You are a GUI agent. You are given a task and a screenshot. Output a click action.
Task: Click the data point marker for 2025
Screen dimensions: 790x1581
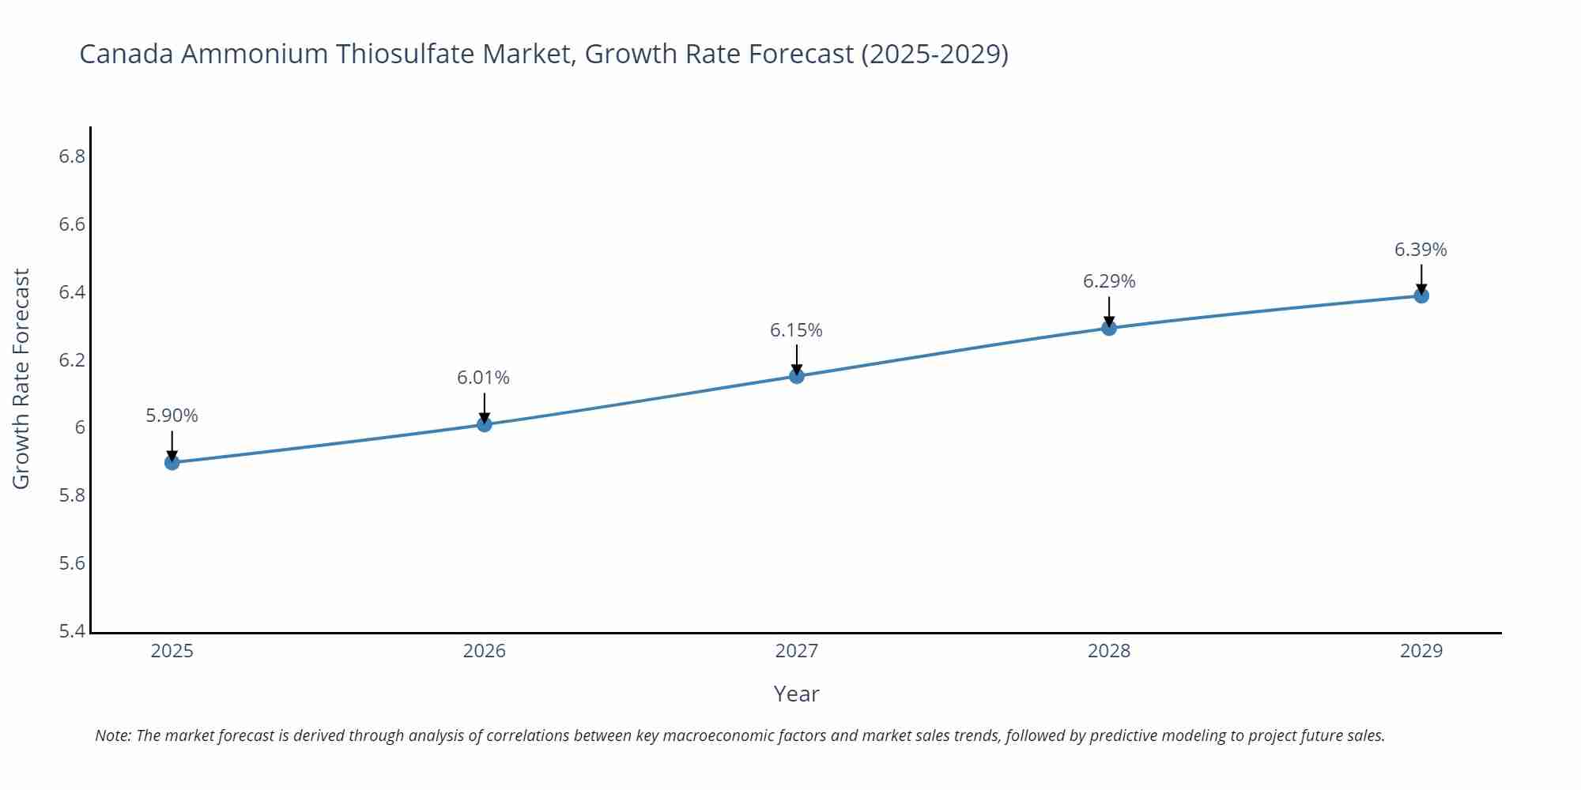[x=172, y=462]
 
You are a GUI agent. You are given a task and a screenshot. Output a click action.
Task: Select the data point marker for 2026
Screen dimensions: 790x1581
[x=485, y=424]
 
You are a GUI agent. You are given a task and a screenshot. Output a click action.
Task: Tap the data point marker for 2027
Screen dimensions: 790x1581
[x=797, y=376]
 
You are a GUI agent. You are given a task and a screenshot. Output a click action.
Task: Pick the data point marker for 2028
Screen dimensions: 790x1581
[x=1109, y=328]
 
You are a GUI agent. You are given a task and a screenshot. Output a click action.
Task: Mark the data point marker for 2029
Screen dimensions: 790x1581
[x=1421, y=295]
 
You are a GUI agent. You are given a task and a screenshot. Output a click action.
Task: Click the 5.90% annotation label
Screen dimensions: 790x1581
[x=172, y=416]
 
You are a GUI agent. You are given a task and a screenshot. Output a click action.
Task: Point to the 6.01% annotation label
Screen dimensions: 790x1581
[x=483, y=378]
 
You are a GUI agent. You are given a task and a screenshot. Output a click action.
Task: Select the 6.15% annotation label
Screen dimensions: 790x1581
[x=796, y=330]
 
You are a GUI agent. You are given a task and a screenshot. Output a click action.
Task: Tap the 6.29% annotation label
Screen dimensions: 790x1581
[x=1109, y=281]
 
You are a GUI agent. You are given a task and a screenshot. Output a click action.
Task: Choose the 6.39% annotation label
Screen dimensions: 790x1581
[x=1421, y=250]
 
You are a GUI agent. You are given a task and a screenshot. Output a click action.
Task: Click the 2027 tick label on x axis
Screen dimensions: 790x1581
[x=797, y=651]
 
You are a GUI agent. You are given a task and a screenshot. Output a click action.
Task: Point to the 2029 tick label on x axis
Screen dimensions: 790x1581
[x=1421, y=651]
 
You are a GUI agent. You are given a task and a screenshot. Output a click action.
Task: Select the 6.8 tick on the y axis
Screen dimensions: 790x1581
[x=72, y=156]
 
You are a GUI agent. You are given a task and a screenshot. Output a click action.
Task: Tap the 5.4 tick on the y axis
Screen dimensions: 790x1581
[x=72, y=631]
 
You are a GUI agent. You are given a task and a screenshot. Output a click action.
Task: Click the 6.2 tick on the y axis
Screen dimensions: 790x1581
[x=72, y=360]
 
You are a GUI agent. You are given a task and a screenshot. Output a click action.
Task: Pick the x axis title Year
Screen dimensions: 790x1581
[x=796, y=694]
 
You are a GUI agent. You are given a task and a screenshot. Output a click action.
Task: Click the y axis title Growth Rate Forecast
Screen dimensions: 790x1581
[x=21, y=378]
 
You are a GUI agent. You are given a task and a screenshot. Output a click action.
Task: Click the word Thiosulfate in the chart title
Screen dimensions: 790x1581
[x=407, y=54]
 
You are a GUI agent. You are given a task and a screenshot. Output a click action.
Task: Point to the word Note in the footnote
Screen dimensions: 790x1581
[x=112, y=735]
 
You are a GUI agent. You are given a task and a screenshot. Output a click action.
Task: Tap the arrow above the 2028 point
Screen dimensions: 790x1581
[x=1109, y=311]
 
